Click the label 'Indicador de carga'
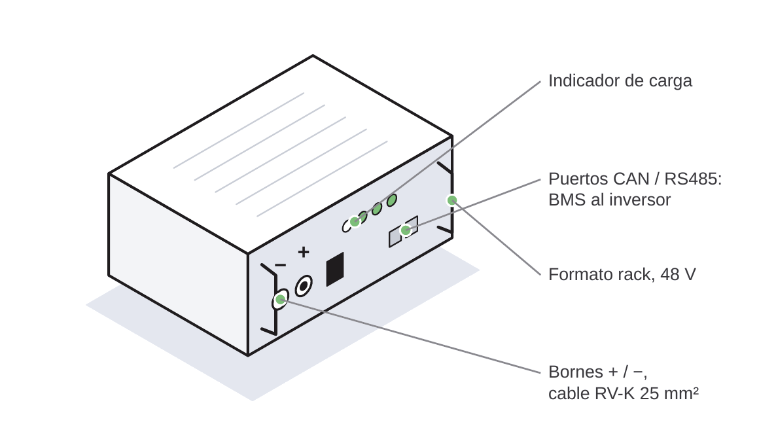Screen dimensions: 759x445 click(620, 81)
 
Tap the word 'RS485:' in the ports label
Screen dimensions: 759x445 click(693, 179)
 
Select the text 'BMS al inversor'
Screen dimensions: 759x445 click(609, 200)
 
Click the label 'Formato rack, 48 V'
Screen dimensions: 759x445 click(622, 275)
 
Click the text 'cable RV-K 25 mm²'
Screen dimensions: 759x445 click(624, 393)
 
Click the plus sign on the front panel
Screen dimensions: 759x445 click(304, 252)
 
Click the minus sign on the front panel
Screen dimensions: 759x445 click(280, 265)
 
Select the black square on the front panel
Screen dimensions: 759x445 click(335, 269)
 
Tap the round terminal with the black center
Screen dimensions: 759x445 click(304, 286)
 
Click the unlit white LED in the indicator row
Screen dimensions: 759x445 click(347, 225)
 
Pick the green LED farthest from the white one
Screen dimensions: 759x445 click(391, 200)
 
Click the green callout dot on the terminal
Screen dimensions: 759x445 click(280, 300)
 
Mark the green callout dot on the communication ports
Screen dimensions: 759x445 click(406, 230)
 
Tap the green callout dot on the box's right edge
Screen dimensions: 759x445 click(452, 200)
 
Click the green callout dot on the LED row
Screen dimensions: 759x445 click(355, 222)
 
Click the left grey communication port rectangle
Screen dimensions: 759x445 click(395, 237)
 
